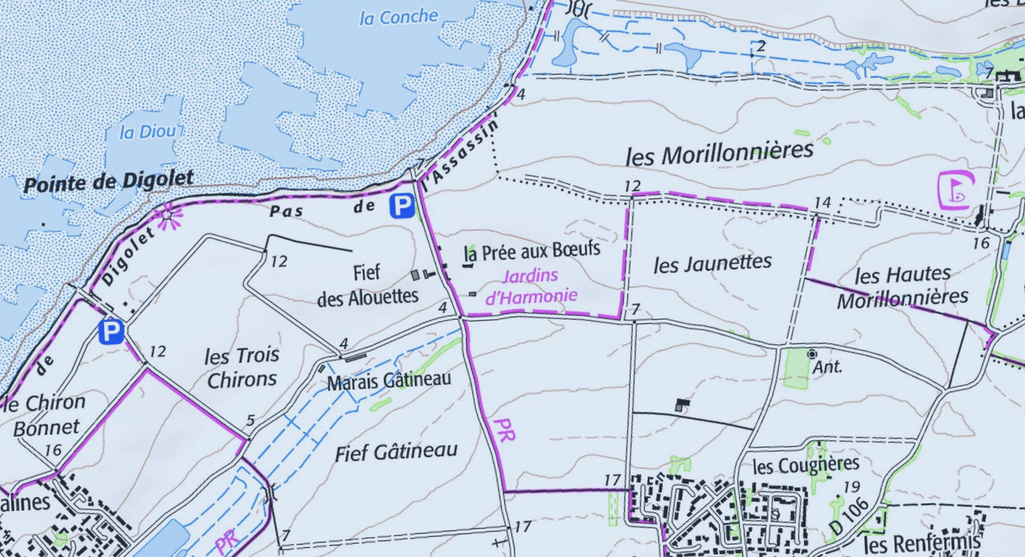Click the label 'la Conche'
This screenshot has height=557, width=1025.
398,17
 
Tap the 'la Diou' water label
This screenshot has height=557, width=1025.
148,131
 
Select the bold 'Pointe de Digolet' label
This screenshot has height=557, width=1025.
109,182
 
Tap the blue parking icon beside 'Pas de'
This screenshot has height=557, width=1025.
402,206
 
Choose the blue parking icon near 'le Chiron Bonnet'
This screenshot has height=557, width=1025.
111,332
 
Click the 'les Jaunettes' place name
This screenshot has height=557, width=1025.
712,263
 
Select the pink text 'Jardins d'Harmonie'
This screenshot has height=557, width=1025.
531,286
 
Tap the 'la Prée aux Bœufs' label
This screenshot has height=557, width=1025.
532,251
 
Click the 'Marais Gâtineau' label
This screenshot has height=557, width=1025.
389,380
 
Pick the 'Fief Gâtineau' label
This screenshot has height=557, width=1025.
396,452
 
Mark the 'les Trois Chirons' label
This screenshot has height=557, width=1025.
242,367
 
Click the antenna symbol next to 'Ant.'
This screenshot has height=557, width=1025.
812,353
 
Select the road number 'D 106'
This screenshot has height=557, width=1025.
849,516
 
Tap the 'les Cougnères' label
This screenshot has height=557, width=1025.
805,466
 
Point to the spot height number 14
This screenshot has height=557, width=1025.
822,202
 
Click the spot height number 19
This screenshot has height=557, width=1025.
851,487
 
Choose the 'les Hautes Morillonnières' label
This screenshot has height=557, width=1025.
903,286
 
